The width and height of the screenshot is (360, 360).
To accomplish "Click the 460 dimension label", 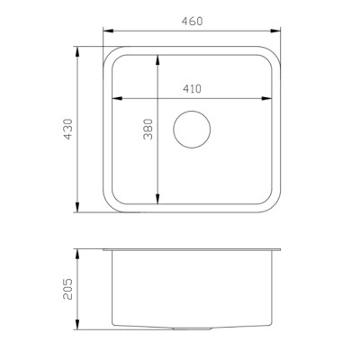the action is (x=192, y=22).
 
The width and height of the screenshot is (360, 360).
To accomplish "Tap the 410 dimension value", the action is (x=192, y=89).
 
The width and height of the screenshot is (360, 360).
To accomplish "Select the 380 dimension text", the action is (x=148, y=129).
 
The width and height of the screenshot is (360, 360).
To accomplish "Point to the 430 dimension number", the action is (x=68, y=129).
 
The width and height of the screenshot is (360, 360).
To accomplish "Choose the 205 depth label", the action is (x=68, y=289).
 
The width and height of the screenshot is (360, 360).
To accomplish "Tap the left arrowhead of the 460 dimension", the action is (x=108, y=31).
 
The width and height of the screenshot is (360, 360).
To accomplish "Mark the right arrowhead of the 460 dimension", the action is (x=275, y=31).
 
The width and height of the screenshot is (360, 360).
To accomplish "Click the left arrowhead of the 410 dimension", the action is (x=117, y=98).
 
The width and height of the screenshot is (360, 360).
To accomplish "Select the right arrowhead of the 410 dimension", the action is (x=266, y=98).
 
